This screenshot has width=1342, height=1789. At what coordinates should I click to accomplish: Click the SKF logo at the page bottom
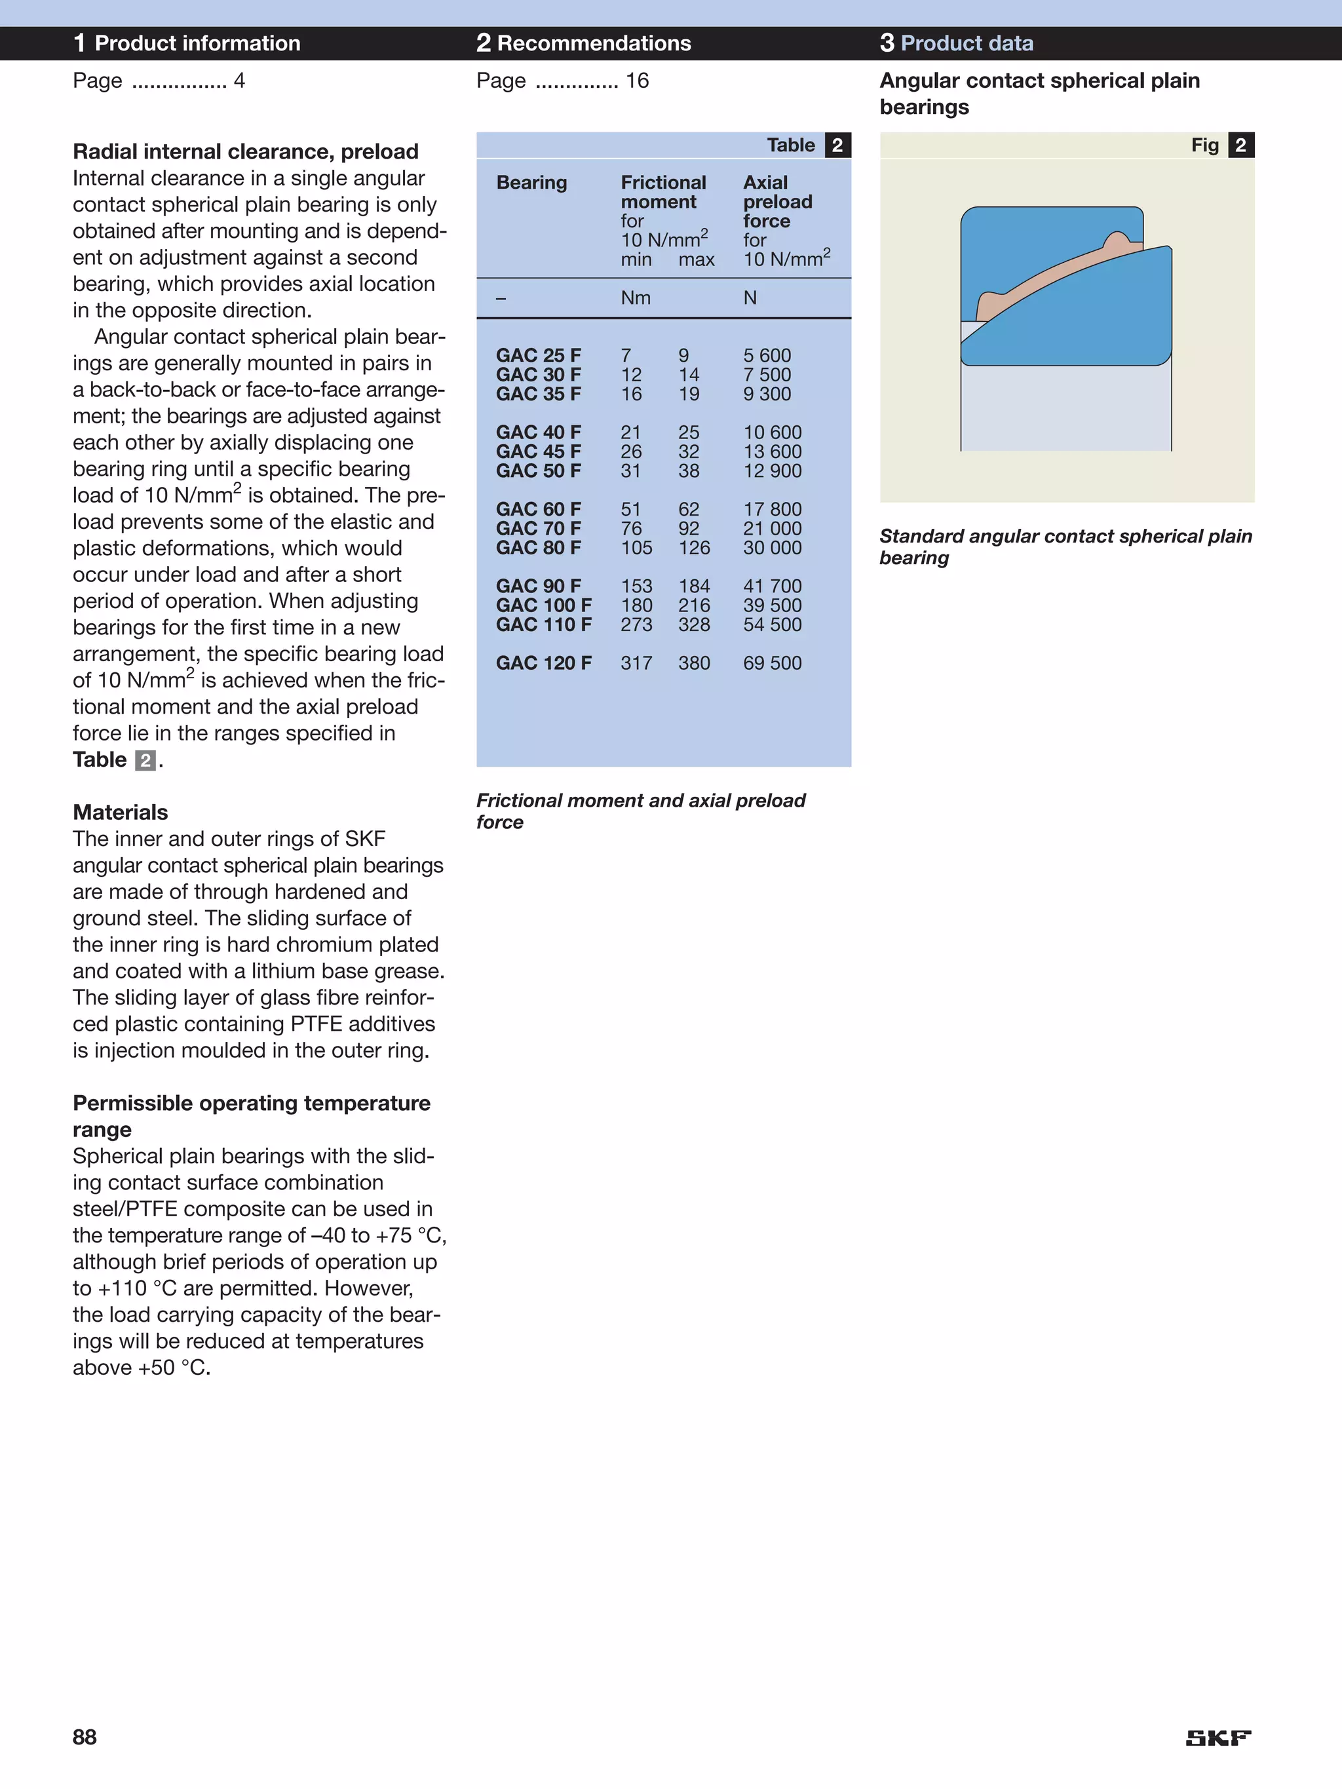(x=1217, y=1737)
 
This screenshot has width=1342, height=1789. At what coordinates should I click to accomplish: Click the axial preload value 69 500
(x=772, y=663)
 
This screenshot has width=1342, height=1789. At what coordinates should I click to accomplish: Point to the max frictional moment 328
(x=693, y=625)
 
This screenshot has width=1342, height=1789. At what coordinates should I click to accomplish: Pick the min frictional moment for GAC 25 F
(x=625, y=355)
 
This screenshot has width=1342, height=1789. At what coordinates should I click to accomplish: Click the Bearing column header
(x=531, y=183)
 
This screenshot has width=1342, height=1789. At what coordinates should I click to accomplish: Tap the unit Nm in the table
(x=635, y=298)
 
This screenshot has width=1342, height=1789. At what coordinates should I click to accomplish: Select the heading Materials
(x=121, y=812)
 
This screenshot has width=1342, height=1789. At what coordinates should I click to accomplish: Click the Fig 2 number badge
(x=1240, y=145)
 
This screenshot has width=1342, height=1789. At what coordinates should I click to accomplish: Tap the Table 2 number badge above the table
(x=837, y=145)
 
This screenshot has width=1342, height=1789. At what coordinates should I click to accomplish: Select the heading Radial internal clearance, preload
(x=245, y=151)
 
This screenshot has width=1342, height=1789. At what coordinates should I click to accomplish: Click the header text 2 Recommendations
(x=583, y=43)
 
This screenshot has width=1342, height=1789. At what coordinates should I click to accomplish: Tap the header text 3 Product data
(x=956, y=43)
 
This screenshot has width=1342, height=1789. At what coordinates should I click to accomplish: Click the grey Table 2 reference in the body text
(x=145, y=760)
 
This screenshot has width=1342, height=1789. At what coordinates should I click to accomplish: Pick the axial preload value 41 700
(x=772, y=586)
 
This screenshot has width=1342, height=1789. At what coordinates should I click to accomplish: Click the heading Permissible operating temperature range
(x=251, y=1115)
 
